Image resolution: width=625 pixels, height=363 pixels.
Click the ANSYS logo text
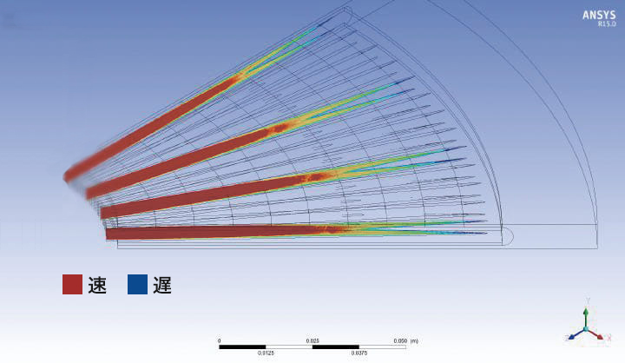[x=599, y=15]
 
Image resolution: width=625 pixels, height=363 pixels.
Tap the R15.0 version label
[x=606, y=24]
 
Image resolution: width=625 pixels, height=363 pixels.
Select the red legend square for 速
[x=73, y=285]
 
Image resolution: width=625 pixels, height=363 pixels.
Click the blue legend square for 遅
[x=137, y=285]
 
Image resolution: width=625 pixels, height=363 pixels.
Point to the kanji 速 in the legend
[x=97, y=285]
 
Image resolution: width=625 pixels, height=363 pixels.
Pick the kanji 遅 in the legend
[x=162, y=285]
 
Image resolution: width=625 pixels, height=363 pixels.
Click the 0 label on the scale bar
[x=220, y=341]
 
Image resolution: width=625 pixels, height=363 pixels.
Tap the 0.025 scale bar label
[x=312, y=341]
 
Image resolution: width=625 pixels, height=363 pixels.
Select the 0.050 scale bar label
[x=400, y=341]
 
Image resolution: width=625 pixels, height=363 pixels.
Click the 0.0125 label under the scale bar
[x=266, y=353]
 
